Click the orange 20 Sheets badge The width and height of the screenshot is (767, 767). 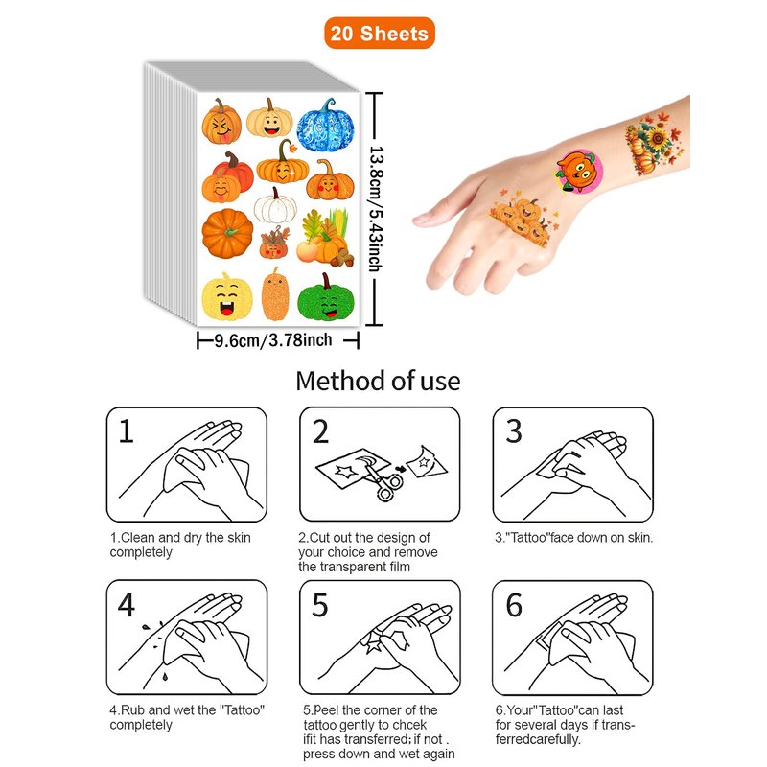pyautogui.click(x=379, y=34)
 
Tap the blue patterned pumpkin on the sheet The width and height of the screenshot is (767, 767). pyautogui.click(x=325, y=127)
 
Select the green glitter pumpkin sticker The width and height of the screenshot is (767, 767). pyautogui.click(x=325, y=298)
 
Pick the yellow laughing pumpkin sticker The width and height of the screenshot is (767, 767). pyautogui.click(x=227, y=297)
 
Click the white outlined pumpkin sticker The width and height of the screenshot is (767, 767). pyautogui.click(x=275, y=205)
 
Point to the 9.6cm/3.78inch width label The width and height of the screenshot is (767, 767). pyautogui.click(x=273, y=339)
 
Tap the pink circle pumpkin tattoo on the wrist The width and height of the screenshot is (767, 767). pyautogui.click(x=579, y=171)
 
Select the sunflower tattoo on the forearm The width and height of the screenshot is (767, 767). pyautogui.click(x=653, y=143)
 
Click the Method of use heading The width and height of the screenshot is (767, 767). pyautogui.click(x=378, y=381)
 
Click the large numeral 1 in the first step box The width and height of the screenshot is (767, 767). pyautogui.click(x=127, y=430)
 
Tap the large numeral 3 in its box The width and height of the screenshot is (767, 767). pyautogui.click(x=514, y=430)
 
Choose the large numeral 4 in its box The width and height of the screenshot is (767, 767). pyautogui.click(x=127, y=605)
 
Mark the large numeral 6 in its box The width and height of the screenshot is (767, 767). pyautogui.click(x=514, y=605)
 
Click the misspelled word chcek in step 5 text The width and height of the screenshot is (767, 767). pyautogui.click(x=409, y=725)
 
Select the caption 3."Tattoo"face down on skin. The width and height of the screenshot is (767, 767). pyautogui.click(x=573, y=538)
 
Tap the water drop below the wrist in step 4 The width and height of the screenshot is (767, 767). pyautogui.click(x=165, y=677)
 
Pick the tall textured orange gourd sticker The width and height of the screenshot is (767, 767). pyautogui.click(x=275, y=294)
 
